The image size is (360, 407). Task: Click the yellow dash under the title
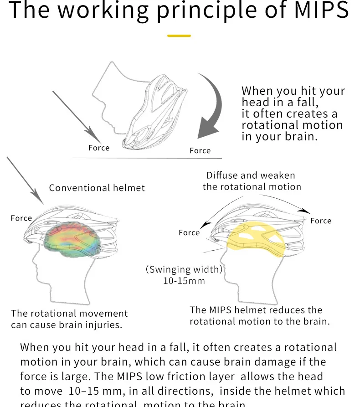click(x=179, y=36)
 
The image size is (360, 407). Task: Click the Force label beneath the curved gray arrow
click(x=200, y=151)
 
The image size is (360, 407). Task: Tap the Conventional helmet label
click(x=97, y=188)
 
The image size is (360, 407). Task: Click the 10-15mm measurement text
click(x=184, y=281)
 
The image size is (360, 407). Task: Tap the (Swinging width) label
click(x=184, y=269)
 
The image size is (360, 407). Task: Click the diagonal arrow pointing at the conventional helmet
click(x=25, y=180)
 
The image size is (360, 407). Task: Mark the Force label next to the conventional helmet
click(x=21, y=218)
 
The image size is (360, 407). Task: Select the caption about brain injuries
click(x=69, y=319)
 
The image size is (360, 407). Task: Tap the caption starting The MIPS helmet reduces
click(x=259, y=315)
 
